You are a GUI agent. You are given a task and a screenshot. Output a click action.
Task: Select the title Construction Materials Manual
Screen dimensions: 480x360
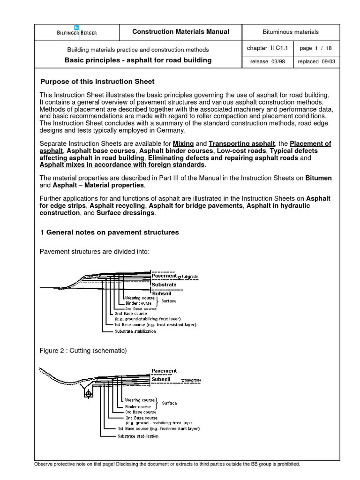(180, 32)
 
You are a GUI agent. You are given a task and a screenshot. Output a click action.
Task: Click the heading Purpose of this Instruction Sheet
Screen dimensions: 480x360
(97, 82)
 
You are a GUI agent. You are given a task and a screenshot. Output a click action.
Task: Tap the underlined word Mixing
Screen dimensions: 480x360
(183, 143)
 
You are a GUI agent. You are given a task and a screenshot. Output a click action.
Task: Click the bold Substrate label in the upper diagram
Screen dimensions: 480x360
(164, 285)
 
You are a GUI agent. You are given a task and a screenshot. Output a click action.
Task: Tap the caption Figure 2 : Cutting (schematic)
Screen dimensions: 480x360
(83, 351)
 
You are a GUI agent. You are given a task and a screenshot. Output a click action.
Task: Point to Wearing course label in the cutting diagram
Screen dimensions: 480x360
(140, 400)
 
